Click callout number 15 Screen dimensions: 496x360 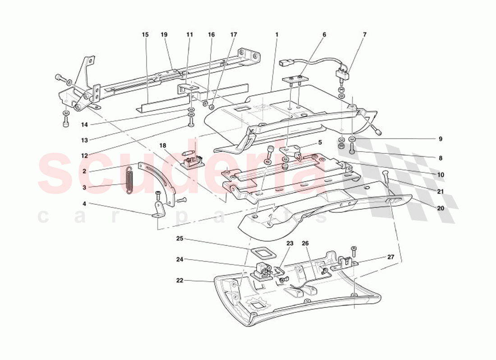click(x=145, y=34)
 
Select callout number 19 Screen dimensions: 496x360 click(x=164, y=34)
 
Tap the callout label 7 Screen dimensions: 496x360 click(x=364, y=34)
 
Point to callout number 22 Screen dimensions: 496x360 click(x=179, y=280)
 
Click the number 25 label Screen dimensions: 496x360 click(x=179, y=239)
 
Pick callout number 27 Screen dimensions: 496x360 click(x=390, y=257)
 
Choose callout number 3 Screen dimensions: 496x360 click(x=84, y=188)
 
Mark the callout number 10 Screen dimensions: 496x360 click(x=441, y=175)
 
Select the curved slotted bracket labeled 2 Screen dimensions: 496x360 click(x=157, y=183)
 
